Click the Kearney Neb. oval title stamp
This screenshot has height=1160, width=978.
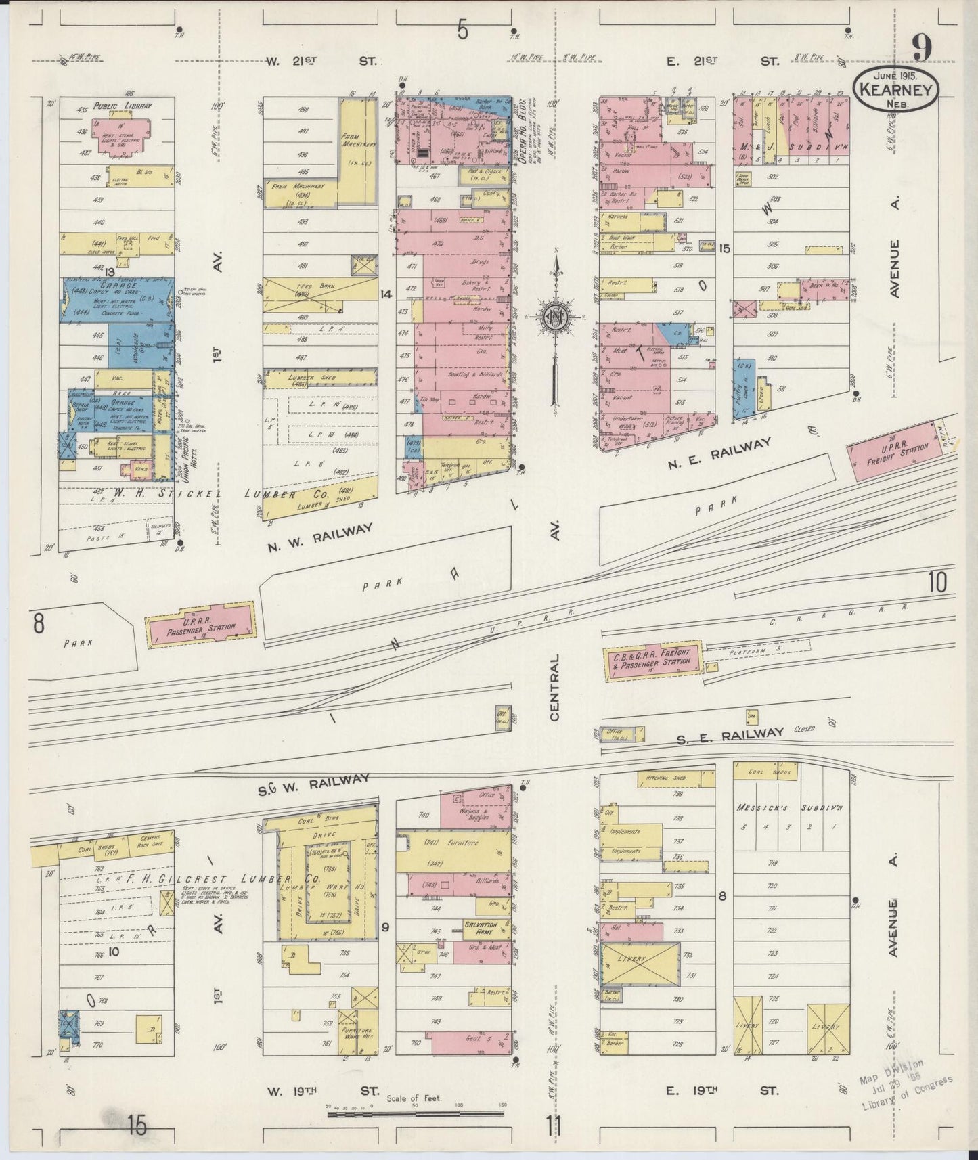(895, 89)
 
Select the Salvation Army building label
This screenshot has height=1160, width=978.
(481, 929)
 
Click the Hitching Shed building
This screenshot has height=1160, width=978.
(675, 780)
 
